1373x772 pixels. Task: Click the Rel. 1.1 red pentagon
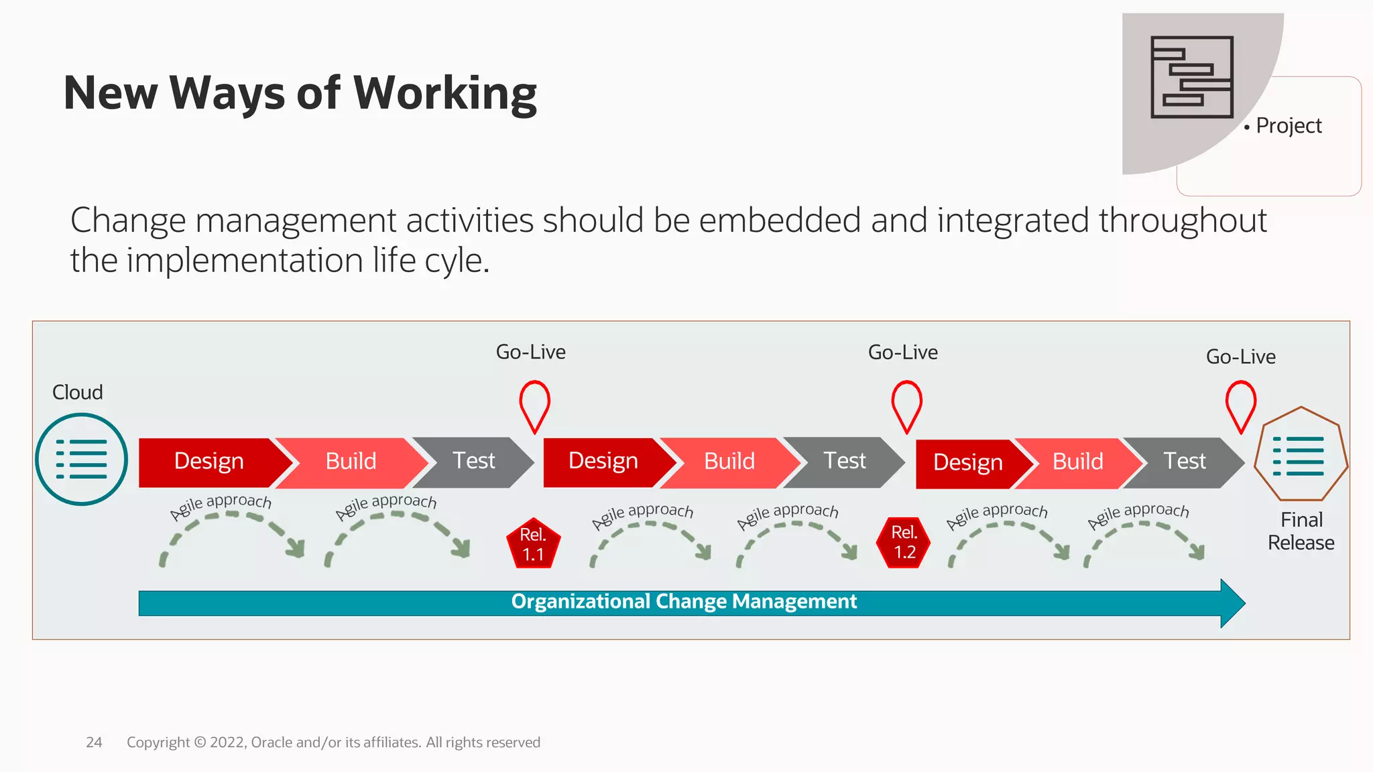[x=533, y=544]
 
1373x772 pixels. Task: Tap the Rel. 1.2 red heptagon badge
[x=904, y=542]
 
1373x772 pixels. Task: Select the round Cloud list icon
[x=81, y=459]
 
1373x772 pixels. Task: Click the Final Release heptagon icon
[x=1300, y=456]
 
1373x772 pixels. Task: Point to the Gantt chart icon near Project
[x=1191, y=77]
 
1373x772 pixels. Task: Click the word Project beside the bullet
[x=1289, y=125]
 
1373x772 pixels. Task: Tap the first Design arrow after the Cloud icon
[x=209, y=462]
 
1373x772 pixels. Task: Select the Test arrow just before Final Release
[x=1184, y=462]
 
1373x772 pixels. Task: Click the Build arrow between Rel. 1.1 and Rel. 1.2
[x=729, y=462]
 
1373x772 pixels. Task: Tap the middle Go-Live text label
[x=902, y=352]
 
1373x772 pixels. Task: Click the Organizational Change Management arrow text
[x=683, y=602]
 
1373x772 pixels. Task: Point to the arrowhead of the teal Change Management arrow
[x=1232, y=603]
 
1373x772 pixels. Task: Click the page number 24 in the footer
[x=94, y=743]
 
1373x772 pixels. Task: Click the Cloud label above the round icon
[x=78, y=392]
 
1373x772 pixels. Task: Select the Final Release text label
[x=1301, y=531]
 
